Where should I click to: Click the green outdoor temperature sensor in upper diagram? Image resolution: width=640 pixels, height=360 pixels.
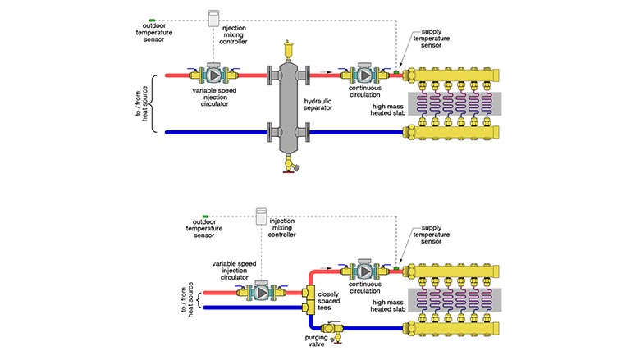(152, 18)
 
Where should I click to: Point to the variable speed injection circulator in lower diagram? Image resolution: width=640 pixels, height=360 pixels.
(261, 291)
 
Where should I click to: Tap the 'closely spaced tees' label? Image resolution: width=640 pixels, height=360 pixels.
(330, 300)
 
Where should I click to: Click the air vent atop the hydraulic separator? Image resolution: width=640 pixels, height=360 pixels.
(287, 47)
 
